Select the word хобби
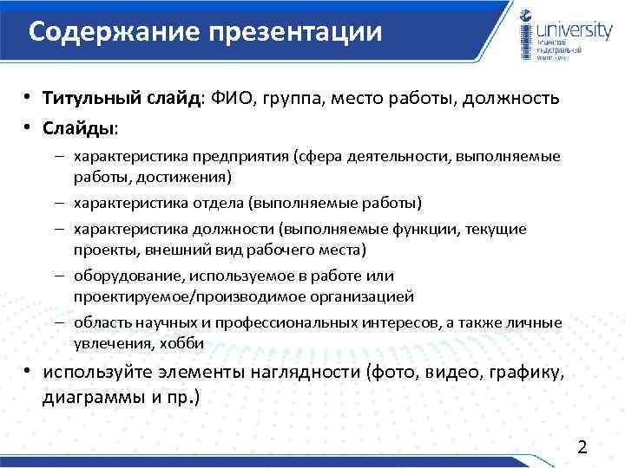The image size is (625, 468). pos(183,342)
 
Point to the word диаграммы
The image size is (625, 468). pos(87,398)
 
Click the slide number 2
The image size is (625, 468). pos(582,447)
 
